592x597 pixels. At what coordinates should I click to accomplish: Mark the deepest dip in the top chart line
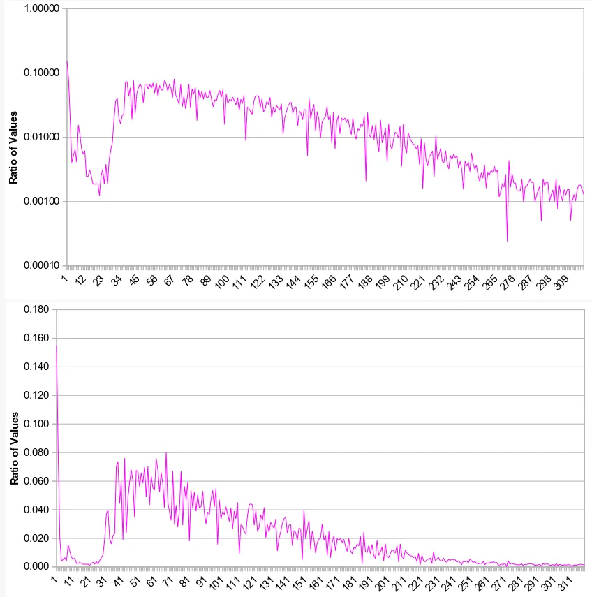(x=508, y=241)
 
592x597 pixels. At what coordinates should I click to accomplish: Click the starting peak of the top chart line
(x=67, y=61)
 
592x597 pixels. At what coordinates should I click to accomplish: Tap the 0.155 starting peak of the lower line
(x=56, y=346)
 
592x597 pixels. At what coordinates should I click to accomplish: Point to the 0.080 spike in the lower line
(x=166, y=452)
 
